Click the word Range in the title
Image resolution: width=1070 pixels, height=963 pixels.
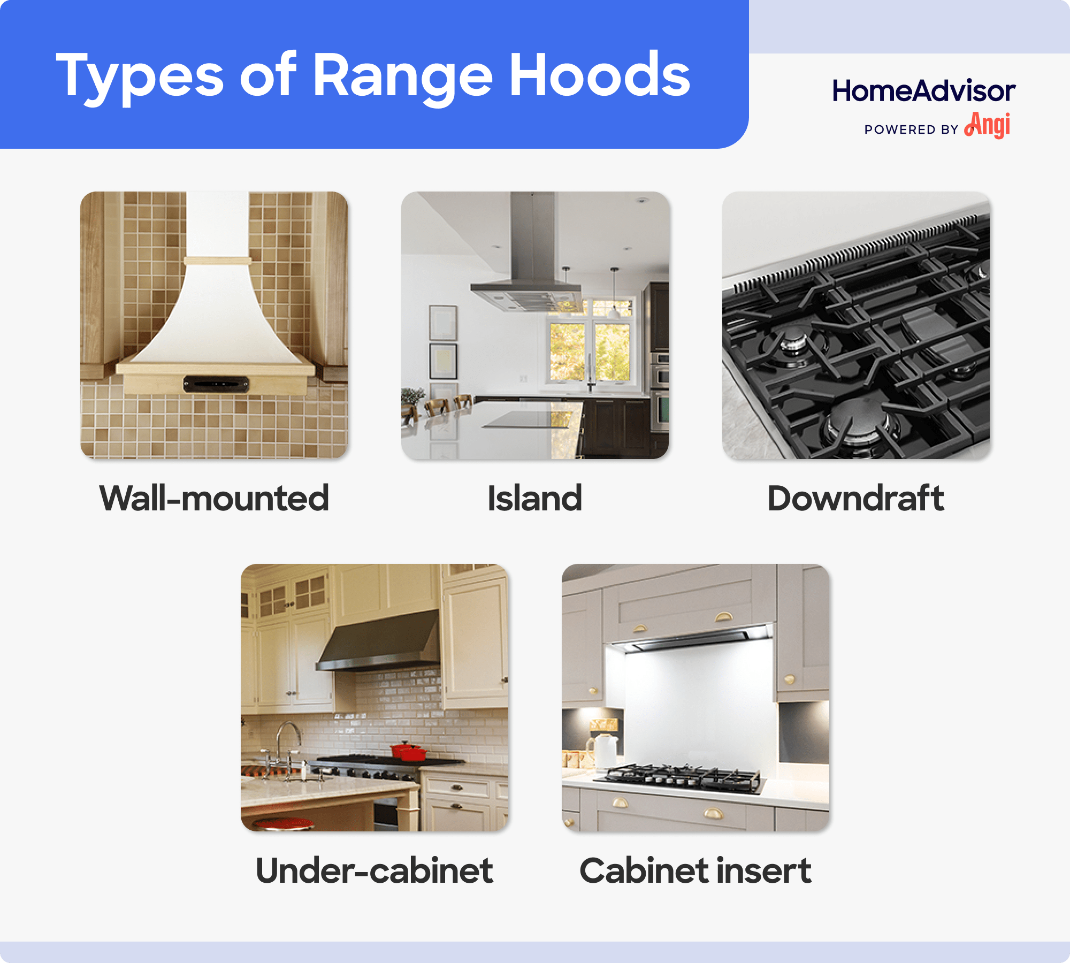401,76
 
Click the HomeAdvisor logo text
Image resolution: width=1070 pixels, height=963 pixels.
923,91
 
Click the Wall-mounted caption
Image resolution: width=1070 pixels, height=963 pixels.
214,499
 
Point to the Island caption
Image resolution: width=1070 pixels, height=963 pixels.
534,499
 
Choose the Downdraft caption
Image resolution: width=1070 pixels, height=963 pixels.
855,499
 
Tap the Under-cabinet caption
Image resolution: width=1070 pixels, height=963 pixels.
374,871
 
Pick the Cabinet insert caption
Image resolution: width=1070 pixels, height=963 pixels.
695,871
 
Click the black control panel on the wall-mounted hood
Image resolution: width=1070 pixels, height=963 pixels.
216,384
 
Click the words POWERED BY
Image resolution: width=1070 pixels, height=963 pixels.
911,129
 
